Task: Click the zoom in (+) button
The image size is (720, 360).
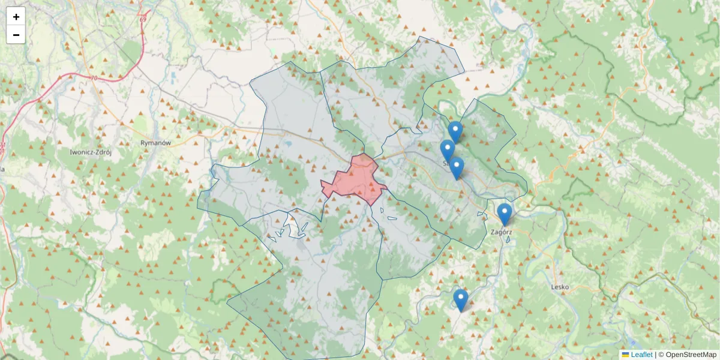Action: (x=16, y=17)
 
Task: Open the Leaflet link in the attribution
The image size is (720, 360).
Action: (x=641, y=355)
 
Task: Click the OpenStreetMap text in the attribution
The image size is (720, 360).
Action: (x=691, y=355)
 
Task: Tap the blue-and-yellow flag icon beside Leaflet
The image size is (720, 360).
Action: (x=625, y=355)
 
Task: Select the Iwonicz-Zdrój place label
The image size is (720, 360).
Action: (x=91, y=152)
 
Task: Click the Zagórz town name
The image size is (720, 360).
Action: (x=501, y=231)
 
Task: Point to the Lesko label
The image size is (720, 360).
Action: (x=559, y=287)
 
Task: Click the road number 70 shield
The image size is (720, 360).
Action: (x=92, y=78)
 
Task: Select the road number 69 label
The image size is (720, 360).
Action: (x=142, y=20)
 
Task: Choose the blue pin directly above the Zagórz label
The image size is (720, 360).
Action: (x=505, y=214)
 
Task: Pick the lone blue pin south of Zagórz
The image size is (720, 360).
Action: (x=460, y=299)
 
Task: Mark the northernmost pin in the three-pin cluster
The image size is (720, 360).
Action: (x=455, y=131)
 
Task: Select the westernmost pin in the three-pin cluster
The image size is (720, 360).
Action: (x=447, y=150)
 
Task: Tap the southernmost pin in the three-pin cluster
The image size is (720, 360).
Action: (x=457, y=167)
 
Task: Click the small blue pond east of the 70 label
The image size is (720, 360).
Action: (x=174, y=77)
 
